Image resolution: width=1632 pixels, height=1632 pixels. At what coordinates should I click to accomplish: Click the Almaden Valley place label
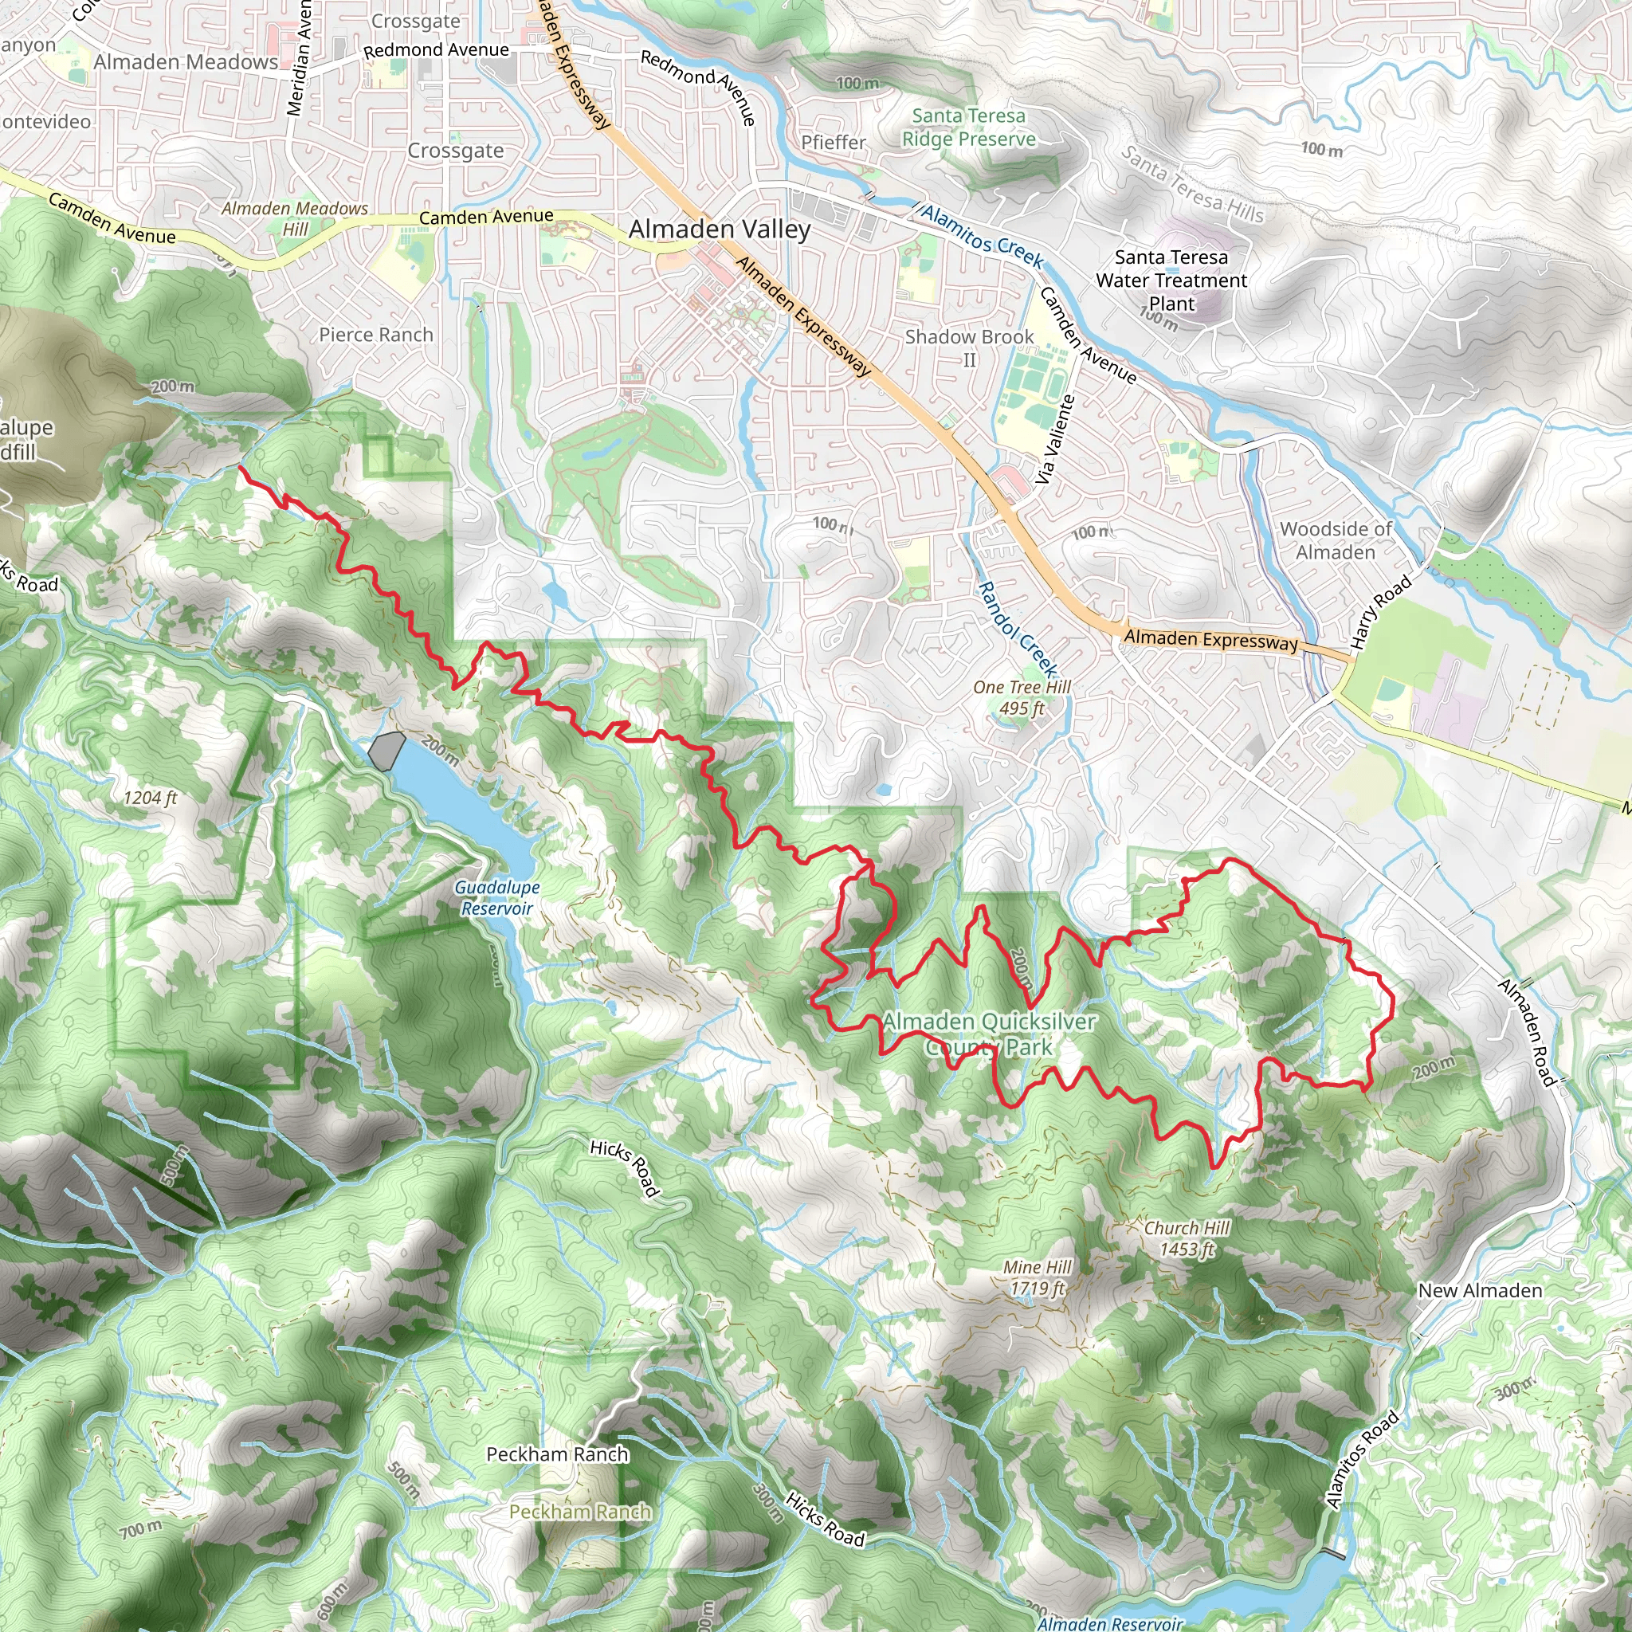point(719,229)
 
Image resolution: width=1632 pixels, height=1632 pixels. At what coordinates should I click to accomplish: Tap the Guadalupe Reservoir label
point(496,898)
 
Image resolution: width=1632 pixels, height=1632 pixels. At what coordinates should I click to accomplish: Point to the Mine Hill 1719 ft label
point(1038,1277)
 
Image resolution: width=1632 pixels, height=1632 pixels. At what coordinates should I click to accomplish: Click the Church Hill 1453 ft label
point(1187,1238)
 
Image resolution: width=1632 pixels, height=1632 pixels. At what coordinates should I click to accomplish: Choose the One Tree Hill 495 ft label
point(1022,698)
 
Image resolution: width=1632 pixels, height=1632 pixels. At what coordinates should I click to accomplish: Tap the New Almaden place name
point(1480,1291)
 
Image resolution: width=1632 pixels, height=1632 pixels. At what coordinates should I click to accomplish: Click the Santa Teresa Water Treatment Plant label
point(1171,280)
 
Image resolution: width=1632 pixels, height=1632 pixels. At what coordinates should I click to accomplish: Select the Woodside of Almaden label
point(1336,540)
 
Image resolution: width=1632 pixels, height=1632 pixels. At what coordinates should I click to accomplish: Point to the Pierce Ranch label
point(376,335)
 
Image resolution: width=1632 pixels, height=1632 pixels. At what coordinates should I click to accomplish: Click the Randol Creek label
point(1017,629)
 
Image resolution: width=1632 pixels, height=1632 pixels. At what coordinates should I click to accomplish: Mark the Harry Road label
point(1380,611)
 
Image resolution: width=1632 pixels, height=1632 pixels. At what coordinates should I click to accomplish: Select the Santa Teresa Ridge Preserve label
point(969,127)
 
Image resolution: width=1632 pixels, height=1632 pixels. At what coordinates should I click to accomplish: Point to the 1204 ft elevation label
point(151,798)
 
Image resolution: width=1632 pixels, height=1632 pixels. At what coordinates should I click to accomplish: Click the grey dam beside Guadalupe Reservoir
point(386,750)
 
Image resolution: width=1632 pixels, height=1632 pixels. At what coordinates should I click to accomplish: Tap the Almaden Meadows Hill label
point(295,219)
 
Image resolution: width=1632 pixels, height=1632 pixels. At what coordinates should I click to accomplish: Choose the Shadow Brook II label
point(969,348)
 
